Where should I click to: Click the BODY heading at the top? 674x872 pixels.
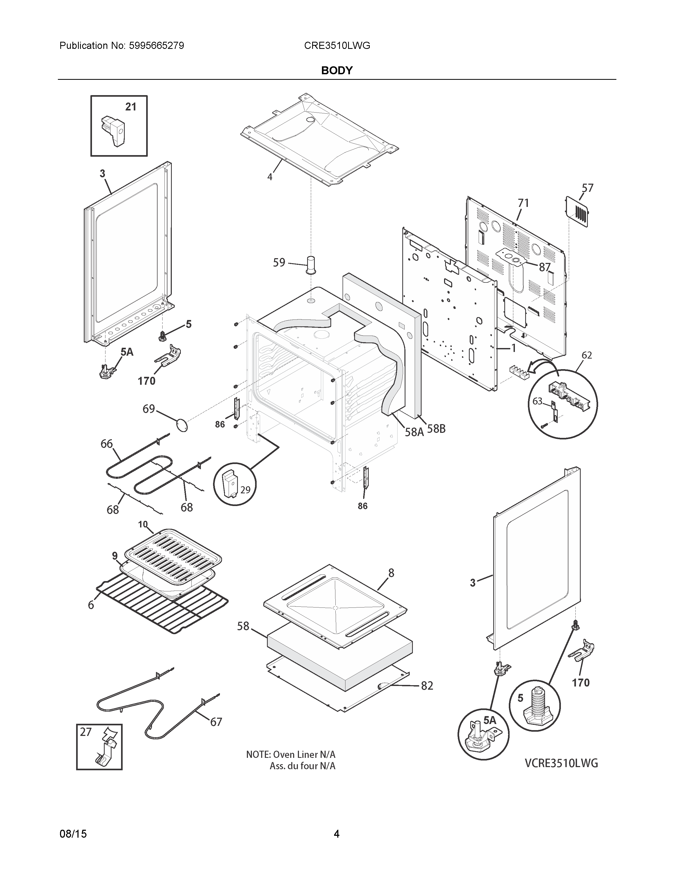(x=336, y=71)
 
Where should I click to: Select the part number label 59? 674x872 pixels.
(x=279, y=262)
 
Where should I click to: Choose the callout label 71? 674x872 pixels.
(x=523, y=203)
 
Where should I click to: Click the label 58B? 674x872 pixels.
(x=436, y=429)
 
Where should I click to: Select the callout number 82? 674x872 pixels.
(x=427, y=685)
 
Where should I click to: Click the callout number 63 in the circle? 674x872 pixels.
(x=537, y=401)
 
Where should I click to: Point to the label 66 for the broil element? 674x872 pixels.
(x=107, y=444)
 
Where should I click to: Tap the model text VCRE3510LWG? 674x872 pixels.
(x=561, y=763)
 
